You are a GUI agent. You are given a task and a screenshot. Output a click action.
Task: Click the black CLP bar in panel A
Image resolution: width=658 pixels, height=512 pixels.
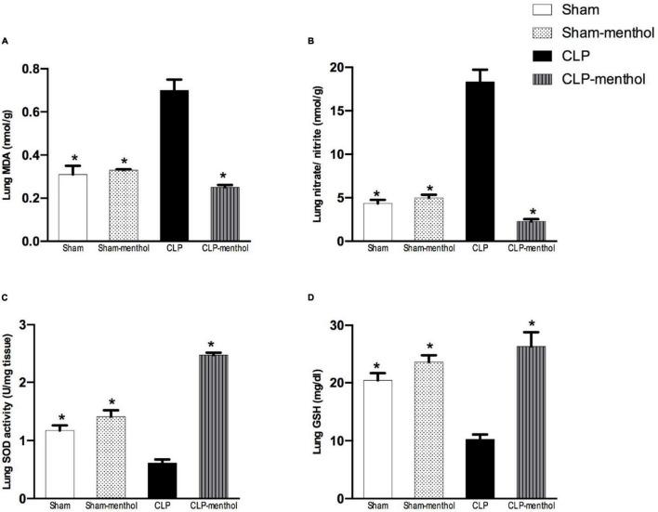tap(194, 165)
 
